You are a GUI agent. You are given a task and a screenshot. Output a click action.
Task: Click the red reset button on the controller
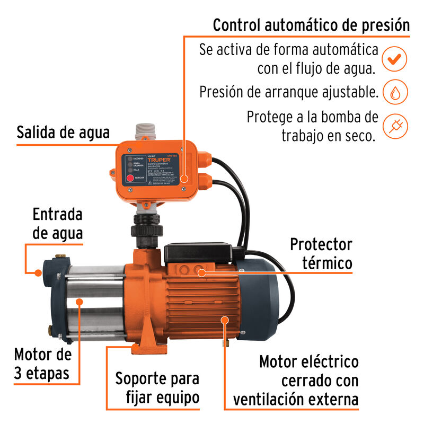click(x=130, y=179)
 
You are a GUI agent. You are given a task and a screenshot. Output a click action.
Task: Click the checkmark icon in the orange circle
click(x=394, y=59)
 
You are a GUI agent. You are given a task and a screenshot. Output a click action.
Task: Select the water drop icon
click(x=395, y=93)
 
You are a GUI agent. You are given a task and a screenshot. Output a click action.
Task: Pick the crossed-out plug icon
click(x=395, y=126)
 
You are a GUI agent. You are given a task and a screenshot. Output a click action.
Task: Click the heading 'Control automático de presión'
click(x=311, y=25)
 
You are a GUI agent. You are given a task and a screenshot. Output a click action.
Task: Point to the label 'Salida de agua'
click(x=63, y=132)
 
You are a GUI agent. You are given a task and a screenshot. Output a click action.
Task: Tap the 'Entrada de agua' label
click(x=57, y=224)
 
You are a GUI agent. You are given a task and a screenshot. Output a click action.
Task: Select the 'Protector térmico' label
click(x=320, y=253)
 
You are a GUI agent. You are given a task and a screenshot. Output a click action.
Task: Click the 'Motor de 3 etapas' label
click(x=42, y=363)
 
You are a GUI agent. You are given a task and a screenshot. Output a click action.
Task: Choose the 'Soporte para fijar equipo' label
click(x=157, y=388)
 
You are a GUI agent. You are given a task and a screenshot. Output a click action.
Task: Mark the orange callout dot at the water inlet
click(x=38, y=273)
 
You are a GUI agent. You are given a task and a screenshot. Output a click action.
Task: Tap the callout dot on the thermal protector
click(x=202, y=272)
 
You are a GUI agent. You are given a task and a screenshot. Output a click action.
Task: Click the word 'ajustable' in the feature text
click(x=347, y=92)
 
